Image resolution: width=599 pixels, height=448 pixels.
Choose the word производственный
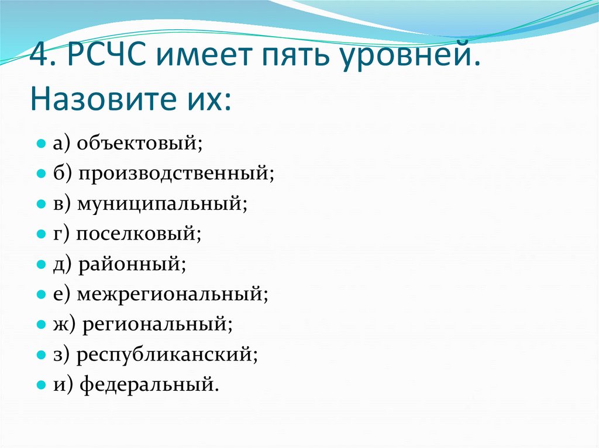point(174,173)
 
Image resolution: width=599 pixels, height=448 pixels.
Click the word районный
point(132,265)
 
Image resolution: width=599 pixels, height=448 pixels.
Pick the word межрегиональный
point(173,294)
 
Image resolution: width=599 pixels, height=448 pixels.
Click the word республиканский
point(167,355)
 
